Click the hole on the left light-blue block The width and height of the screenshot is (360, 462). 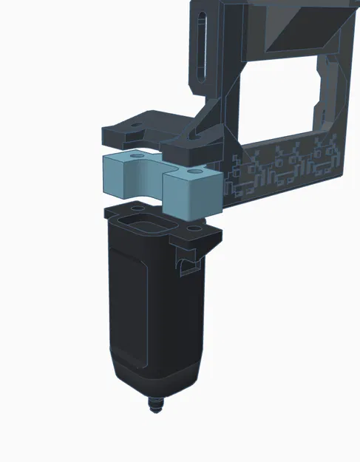[x=136, y=157]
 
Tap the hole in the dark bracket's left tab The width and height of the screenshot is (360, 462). [x=133, y=126]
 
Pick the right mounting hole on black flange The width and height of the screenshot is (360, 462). [x=194, y=230]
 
